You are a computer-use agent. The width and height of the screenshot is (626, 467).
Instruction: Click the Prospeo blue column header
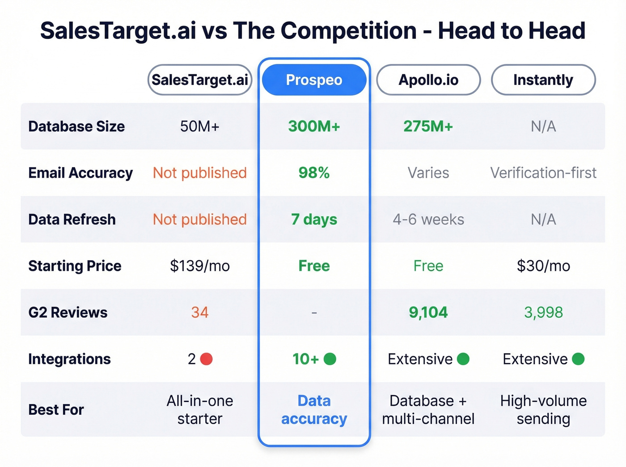click(x=314, y=80)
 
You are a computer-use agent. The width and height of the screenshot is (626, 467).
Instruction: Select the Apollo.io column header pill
click(x=428, y=80)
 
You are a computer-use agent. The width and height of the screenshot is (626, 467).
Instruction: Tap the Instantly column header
click(x=543, y=80)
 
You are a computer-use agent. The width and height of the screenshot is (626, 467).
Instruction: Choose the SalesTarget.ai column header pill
click(x=200, y=80)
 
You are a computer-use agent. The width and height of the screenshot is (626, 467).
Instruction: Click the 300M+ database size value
click(x=314, y=126)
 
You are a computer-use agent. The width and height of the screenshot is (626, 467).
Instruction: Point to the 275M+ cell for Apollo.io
click(x=428, y=126)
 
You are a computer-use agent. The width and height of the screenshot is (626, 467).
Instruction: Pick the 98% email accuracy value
click(x=314, y=173)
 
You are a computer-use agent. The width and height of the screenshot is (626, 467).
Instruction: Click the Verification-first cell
click(x=543, y=173)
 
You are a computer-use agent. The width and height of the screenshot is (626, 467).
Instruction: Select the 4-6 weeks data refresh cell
click(x=428, y=219)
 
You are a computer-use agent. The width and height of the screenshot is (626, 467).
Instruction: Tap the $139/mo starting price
click(x=200, y=266)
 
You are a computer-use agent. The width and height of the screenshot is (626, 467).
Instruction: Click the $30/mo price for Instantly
click(x=543, y=266)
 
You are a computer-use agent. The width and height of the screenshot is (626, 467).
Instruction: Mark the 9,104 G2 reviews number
click(x=428, y=312)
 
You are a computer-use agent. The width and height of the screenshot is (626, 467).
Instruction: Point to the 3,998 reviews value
click(x=543, y=312)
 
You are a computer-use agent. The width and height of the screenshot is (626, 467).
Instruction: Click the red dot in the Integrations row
click(x=206, y=359)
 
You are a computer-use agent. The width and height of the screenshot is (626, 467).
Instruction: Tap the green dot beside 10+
click(x=330, y=359)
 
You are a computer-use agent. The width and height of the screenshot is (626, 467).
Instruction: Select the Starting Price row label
click(x=75, y=266)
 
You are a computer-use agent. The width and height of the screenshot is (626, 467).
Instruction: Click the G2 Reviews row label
click(x=68, y=312)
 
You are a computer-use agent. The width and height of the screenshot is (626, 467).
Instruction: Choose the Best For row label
click(x=56, y=410)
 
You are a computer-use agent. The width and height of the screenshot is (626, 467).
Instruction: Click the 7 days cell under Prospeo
click(x=314, y=219)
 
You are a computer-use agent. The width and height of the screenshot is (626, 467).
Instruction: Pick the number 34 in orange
click(x=200, y=312)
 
